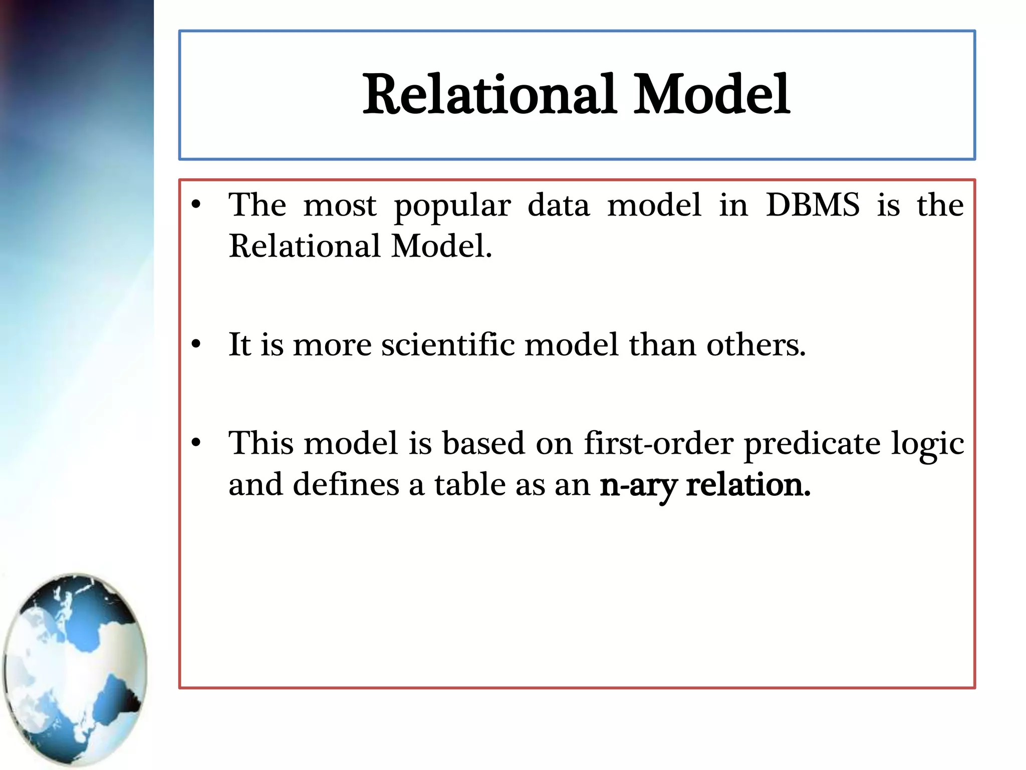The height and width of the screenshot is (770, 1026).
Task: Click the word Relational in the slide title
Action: pos(489,94)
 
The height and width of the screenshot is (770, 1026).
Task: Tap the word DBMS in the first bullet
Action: pos(813,205)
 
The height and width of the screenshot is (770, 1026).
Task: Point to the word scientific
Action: pos(448,345)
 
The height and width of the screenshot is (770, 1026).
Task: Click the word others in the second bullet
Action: pos(755,345)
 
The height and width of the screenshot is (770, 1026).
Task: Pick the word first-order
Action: pos(659,443)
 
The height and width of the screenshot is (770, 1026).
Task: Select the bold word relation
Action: pos(747,485)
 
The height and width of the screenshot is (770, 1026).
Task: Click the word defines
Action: pos(346,485)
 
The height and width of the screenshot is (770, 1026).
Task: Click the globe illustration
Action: pos(75,669)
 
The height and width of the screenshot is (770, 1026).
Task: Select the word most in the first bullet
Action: pos(340,206)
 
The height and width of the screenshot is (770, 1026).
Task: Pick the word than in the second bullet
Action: pos(662,345)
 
